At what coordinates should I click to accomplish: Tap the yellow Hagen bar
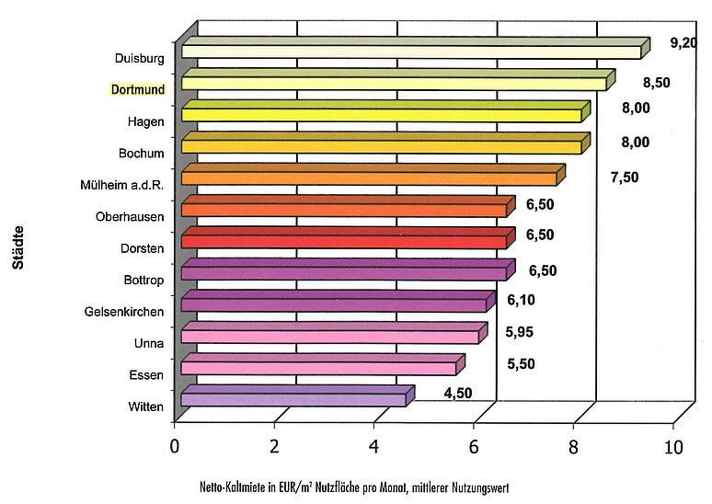tap(382, 114)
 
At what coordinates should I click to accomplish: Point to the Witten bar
tap(293, 399)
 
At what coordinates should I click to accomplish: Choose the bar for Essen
tap(318, 368)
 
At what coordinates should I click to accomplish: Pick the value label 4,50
tap(459, 394)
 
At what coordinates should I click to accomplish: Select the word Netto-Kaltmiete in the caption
tap(231, 487)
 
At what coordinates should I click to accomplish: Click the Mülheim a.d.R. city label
tap(122, 185)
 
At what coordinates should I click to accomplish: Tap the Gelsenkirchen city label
tap(124, 312)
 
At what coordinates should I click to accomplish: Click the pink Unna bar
tap(330, 336)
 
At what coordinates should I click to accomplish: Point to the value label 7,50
tap(624, 177)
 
